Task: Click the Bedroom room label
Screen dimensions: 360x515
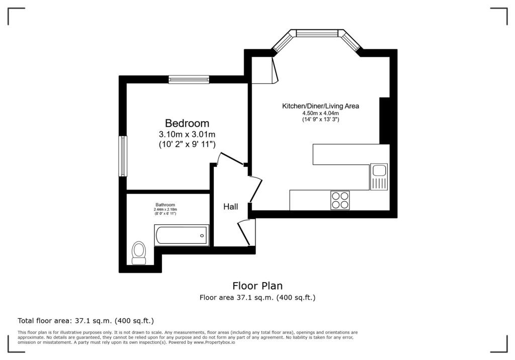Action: [x=187, y=123]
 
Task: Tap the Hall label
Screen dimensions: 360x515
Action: [x=231, y=207]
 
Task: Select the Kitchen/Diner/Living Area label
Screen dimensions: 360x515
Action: [x=320, y=106]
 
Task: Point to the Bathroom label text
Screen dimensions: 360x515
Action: [x=165, y=205]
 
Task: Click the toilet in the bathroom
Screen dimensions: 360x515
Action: [x=138, y=252]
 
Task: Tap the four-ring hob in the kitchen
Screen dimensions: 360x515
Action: [x=340, y=200]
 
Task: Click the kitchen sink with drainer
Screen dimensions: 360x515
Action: [x=379, y=176]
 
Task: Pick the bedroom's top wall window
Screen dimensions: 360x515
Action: [x=189, y=79]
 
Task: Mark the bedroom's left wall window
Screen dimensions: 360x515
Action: [x=123, y=156]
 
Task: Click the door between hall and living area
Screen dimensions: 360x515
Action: [x=256, y=189]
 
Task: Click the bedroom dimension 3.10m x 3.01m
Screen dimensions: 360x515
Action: [x=187, y=134]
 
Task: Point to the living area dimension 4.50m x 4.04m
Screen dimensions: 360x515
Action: [x=320, y=114]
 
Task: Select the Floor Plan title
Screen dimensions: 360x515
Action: [x=257, y=286]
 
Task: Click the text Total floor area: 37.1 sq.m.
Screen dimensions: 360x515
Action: [x=85, y=320]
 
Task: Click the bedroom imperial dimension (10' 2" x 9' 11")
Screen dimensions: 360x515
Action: [x=187, y=144]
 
